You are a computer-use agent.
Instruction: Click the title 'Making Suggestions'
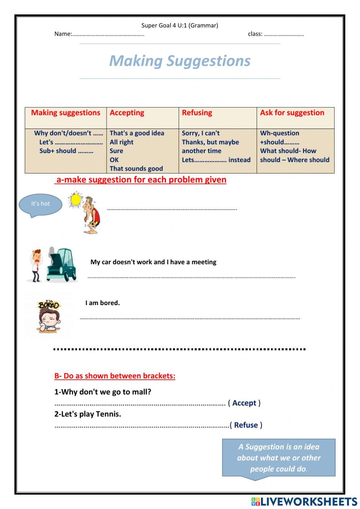pyautogui.click(x=180, y=61)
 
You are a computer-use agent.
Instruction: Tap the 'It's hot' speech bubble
pyautogui.click(x=40, y=204)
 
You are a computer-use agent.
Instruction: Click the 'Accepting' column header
pyautogui.click(x=127, y=113)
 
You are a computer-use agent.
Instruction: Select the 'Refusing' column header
pyautogui.click(x=197, y=113)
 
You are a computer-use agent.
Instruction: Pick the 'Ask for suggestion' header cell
pyautogui.click(x=292, y=113)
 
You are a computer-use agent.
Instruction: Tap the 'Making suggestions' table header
pyautogui.click(x=66, y=113)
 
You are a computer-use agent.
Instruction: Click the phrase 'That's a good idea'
pyautogui.click(x=137, y=133)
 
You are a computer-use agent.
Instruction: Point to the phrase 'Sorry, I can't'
pyautogui.click(x=201, y=133)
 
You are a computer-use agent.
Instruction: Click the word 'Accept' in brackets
pyautogui.click(x=244, y=403)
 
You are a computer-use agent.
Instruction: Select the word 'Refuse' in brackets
pyautogui.click(x=246, y=425)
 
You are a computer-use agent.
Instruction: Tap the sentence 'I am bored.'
pyautogui.click(x=103, y=303)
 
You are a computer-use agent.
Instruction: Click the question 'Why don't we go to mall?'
pyautogui.click(x=103, y=392)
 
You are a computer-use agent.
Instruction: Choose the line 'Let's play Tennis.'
pyautogui.click(x=87, y=414)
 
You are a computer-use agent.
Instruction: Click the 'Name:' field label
pyautogui.click(x=63, y=34)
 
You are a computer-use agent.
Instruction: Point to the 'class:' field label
pyautogui.click(x=255, y=34)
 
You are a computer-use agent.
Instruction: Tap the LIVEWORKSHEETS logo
pyautogui.click(x=304, y=501)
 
